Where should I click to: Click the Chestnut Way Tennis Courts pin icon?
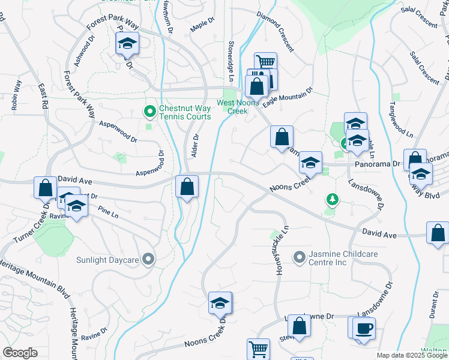pos(149,111)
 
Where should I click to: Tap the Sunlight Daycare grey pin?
pos(149,260)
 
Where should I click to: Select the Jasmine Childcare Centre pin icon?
pos(300,257)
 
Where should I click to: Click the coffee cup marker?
pos(364,329)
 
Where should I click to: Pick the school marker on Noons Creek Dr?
pos(220,304)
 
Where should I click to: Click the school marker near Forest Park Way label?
pos(127,44)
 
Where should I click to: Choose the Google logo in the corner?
pos(20,353)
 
